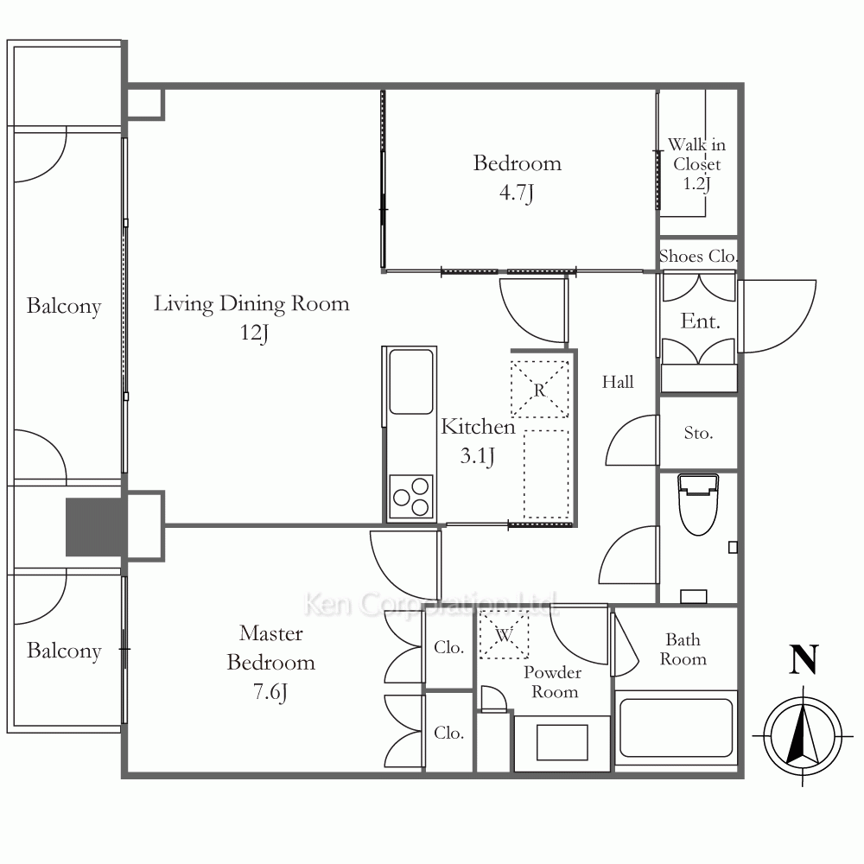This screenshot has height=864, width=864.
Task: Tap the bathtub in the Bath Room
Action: (x=677, y=727)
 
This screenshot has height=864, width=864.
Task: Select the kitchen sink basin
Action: (x=411, y=381)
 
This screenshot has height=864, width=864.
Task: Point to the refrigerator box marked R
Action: (x=539, y=389)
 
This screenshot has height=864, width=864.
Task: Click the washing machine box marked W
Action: (x=504, y=634)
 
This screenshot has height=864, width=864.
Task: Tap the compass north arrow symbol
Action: (x=803, y=735)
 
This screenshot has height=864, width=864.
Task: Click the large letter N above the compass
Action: (x=804, y=659)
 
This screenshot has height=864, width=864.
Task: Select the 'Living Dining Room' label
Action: (x=251, y=303)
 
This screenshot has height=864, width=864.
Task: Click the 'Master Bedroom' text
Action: (x=270, y=648)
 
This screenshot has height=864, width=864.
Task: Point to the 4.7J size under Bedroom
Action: (x=517, y=193)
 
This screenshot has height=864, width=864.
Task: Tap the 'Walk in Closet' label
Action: (x=696, y=155)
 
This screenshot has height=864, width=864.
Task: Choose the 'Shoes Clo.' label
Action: (x=697, y=257)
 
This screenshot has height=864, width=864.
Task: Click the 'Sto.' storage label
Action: (x=698, y=433)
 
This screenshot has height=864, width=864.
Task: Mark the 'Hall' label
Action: (x=617, y=382)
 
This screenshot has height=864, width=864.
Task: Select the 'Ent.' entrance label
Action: (x=700, y=321)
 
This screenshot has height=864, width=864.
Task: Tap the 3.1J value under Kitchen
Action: (x=477, y=456)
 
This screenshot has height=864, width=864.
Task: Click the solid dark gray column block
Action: (x=93, y=527)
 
